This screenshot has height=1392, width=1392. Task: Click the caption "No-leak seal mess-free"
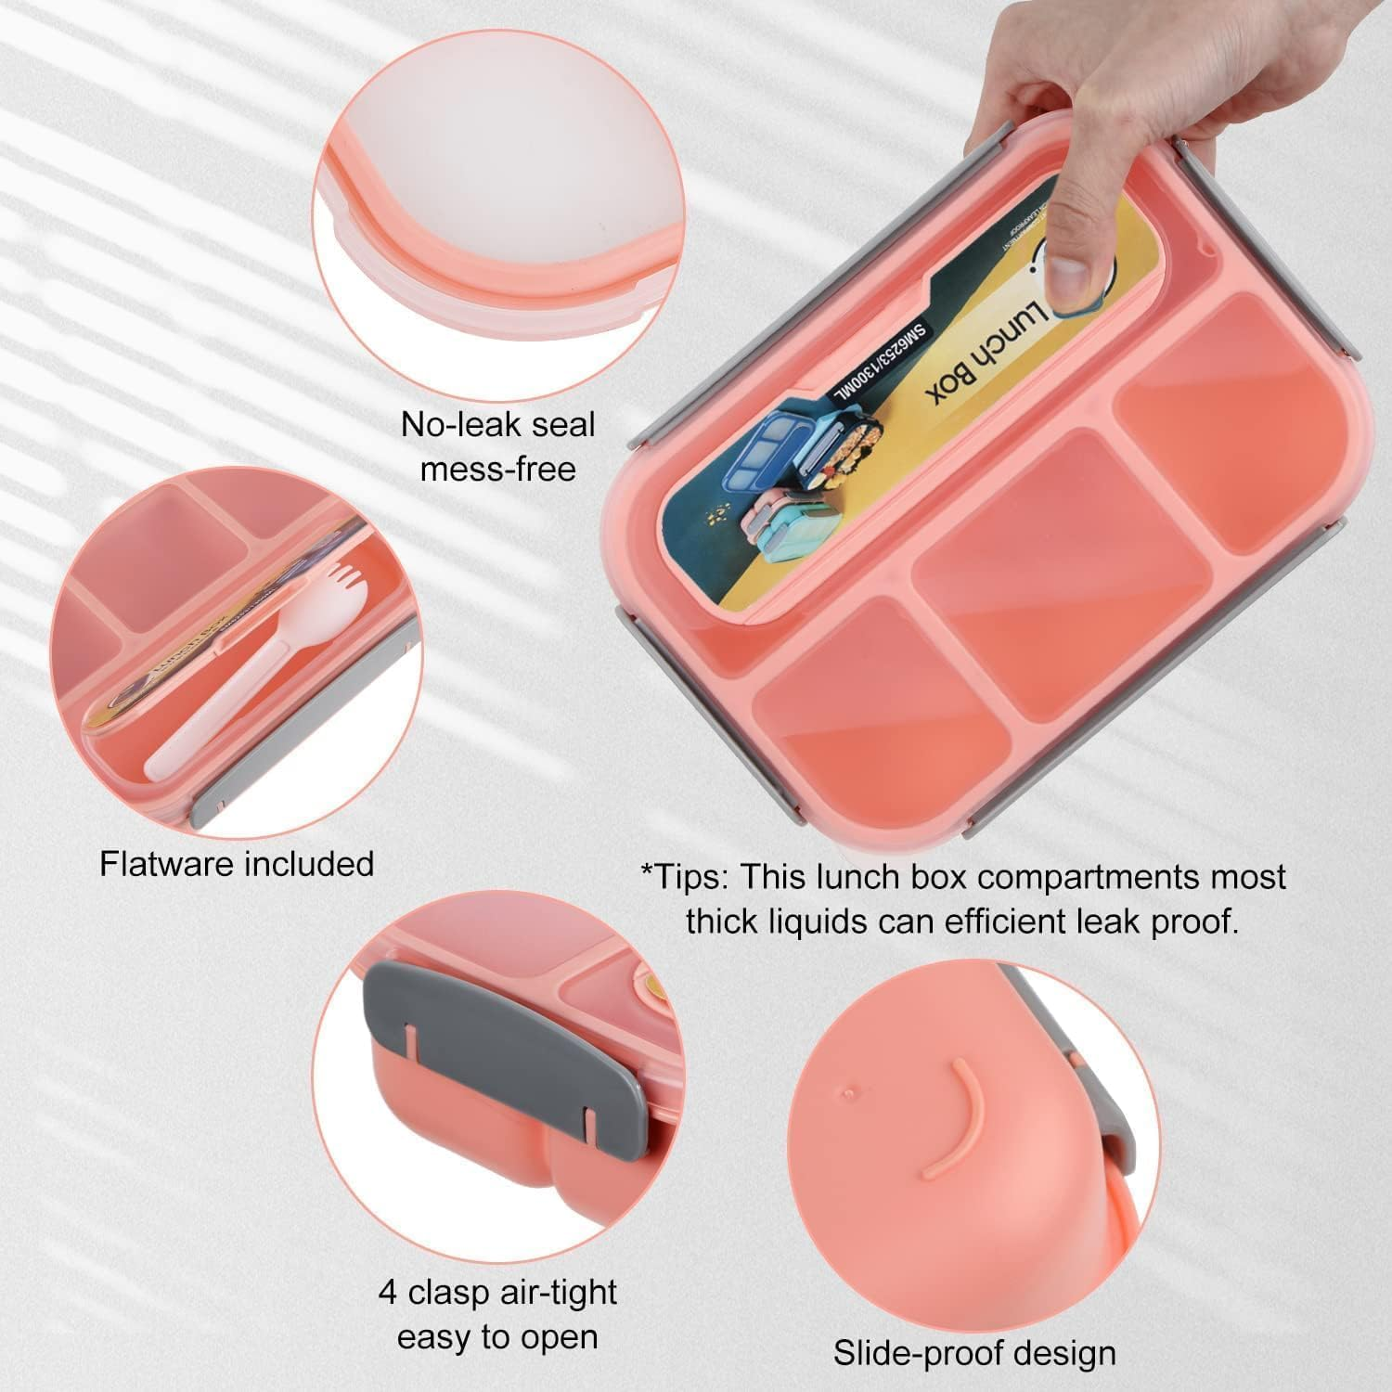coord(497,446)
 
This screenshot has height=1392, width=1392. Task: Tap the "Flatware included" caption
coord(237,864)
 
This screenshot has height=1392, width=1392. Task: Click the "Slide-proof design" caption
coord(974,1353)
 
